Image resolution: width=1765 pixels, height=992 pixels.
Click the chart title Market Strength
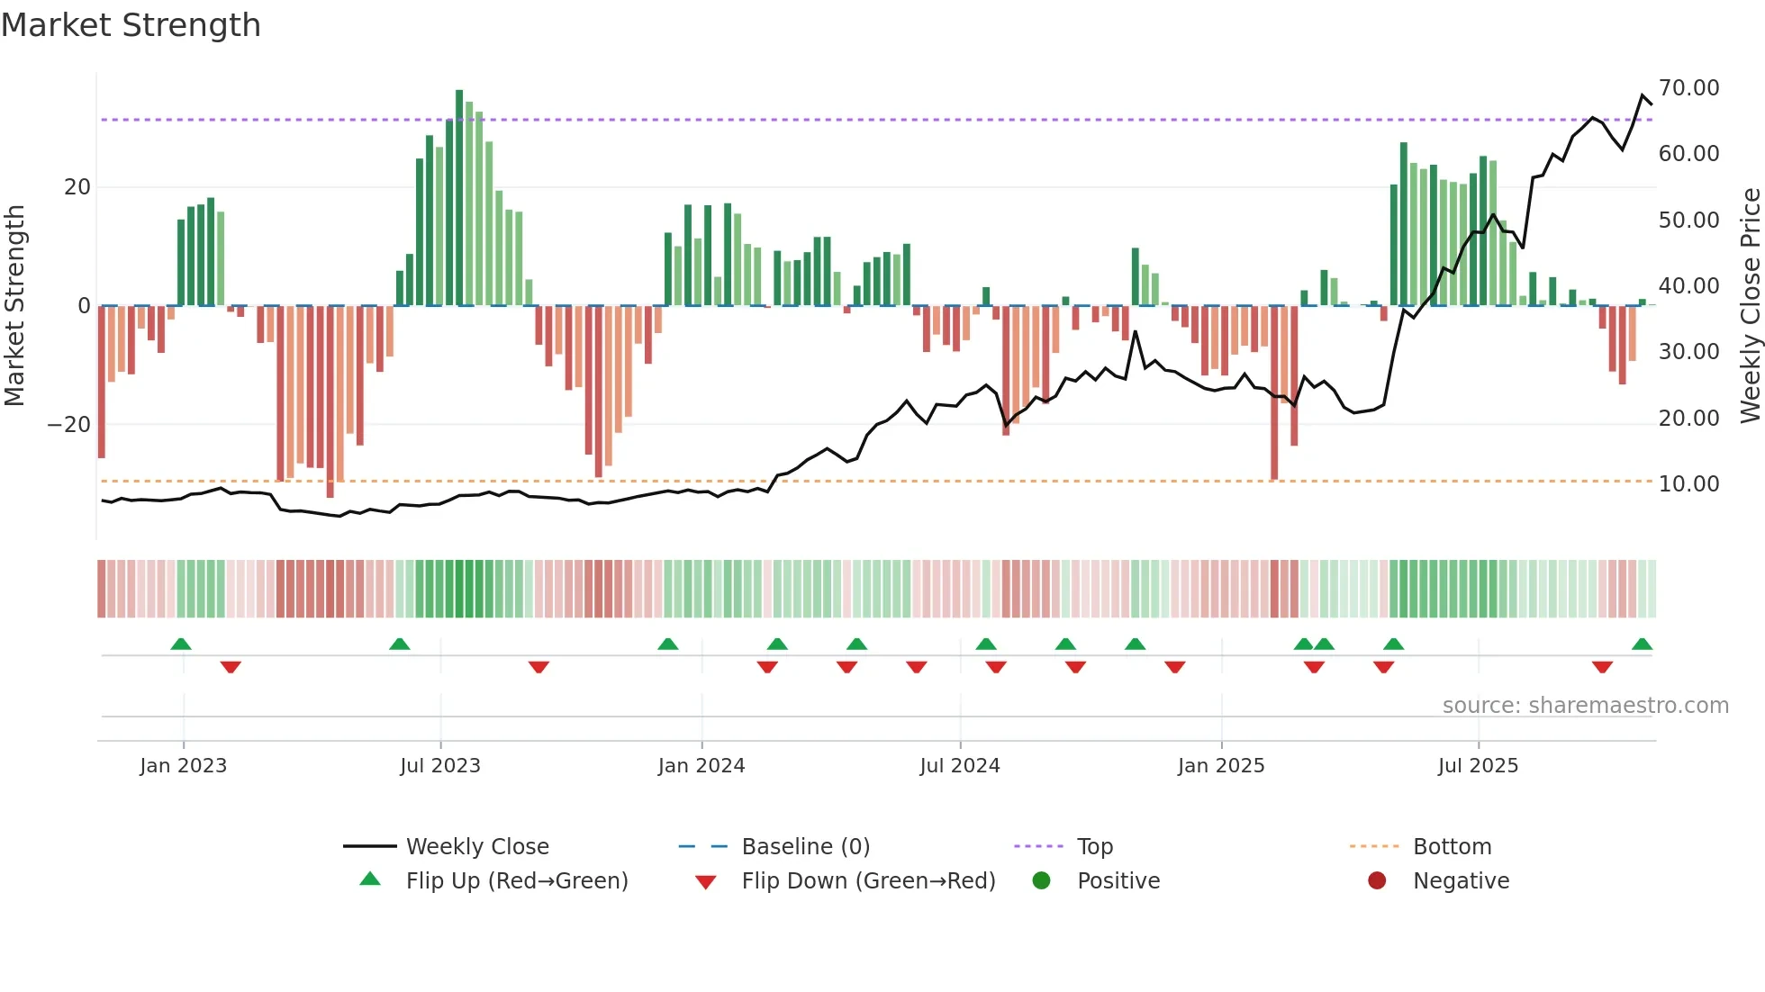pos(131,25)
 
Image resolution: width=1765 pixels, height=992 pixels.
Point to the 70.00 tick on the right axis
pos(1688,88)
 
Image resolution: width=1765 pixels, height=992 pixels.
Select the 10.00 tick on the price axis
pos(1688,484)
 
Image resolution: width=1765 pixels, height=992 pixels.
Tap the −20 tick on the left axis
pos(69,425)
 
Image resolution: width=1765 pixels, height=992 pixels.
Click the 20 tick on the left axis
pos(77,187)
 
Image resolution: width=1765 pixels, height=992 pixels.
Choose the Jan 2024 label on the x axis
pos(701,766)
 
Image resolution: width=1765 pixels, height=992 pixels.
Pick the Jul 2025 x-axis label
pos(1478,766)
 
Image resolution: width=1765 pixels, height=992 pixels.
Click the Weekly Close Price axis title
pos(1750,306)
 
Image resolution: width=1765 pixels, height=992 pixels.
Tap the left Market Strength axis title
pos(15,306)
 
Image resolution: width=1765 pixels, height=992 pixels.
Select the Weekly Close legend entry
pos(476,847)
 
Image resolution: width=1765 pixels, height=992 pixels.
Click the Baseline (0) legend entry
pos(805,847)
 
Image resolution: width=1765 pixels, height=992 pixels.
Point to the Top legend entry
pos(1094,847)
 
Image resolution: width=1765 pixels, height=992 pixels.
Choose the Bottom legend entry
pos(1452,847)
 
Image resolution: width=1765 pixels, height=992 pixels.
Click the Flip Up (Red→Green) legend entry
pos(516,881)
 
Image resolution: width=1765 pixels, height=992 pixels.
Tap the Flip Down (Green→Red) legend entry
pos(868,881)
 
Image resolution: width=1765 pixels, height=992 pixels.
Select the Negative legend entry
pos(1460,881)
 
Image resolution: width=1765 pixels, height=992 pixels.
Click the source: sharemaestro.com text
pos(1585,706)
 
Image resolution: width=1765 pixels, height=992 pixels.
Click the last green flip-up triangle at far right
pos(1642,645)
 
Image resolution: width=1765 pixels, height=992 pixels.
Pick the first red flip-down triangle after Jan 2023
pos(231,667)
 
